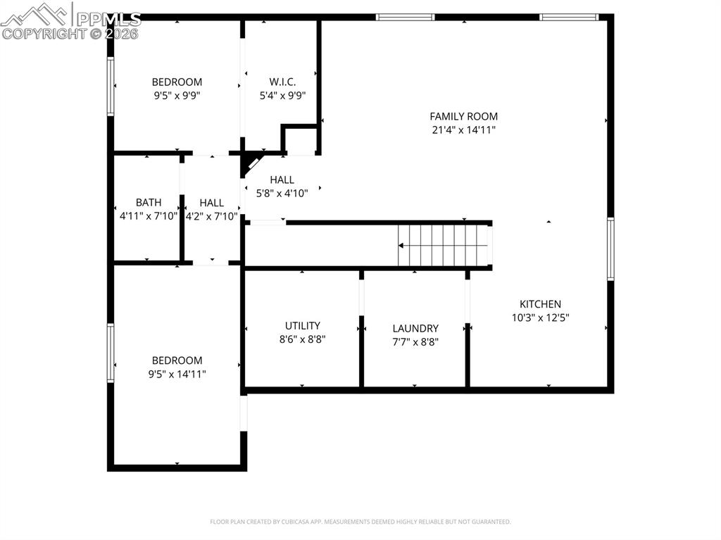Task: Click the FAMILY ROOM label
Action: click(463, 116)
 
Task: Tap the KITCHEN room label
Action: click(540, 304)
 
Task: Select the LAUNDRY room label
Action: click(415, 328)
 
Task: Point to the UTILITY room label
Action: click(303, 325)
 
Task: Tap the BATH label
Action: click(149, 203)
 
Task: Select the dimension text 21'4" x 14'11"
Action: click(463, 130)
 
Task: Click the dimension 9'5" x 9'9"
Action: click(177, 96)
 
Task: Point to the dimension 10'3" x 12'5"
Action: click(540, 318)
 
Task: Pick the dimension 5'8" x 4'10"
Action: click(282, 194)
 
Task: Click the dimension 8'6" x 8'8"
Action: click(303, 339)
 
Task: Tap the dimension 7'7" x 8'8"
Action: click(415, 342)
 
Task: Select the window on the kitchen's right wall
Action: click(610, 249)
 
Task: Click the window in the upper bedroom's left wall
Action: click(111, 86)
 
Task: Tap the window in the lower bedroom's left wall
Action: click(111, 352)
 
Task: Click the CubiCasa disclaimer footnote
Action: click(360, 522)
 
